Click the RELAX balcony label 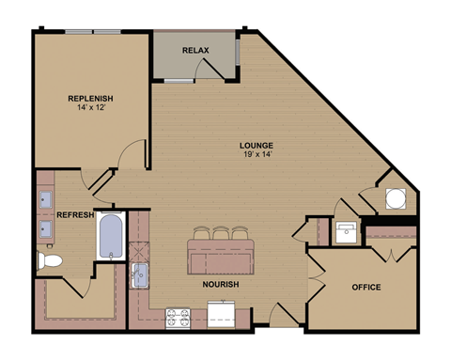[x=194, y=50]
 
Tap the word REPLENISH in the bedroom [x=90, y=99]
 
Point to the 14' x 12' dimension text [x=90, y=110]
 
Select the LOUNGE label [x=256, y=145]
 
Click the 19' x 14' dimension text [x=256, y=155]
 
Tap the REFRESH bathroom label [x=75, y=215]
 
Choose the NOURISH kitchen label [x=220, y=284]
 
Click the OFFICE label [x=365, y=287]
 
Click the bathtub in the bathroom [x=111, y=235]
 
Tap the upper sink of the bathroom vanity [x=45, y=198]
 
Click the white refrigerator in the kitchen [x=224, y=316]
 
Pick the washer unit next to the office [x=346, y=231]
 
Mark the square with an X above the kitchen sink [x=139, y=249]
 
